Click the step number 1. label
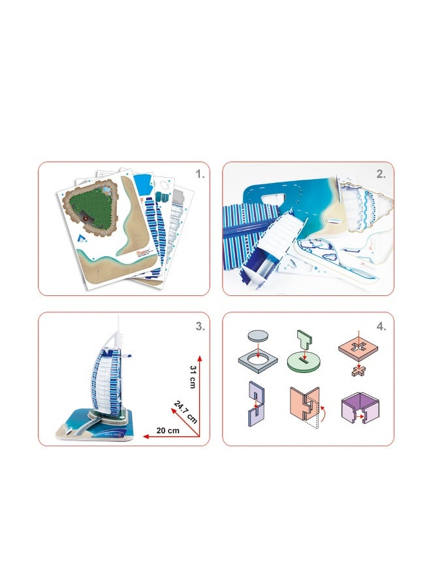coord(200,175)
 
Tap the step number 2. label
coord(381,175)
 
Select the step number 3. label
coord(200,327)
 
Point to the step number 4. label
coord(381,327)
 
